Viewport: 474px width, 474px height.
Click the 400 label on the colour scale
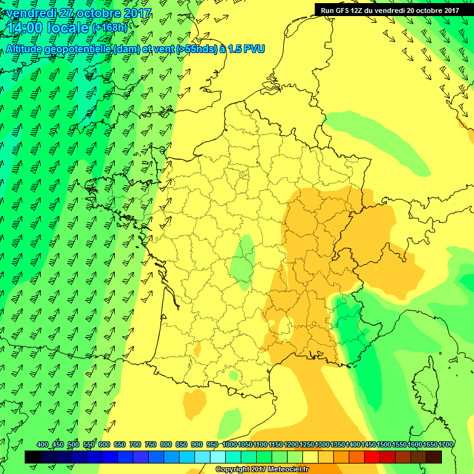pos(43,444)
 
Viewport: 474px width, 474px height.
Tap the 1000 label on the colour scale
pos(230,444)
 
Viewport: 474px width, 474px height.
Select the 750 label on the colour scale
pos(150,444)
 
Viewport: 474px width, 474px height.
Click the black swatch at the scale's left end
pos(33,457)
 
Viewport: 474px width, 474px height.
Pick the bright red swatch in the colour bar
pos(372,457)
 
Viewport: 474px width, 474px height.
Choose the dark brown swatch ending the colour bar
pos(434,457)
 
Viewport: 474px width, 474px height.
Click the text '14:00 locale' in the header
pos(49,27)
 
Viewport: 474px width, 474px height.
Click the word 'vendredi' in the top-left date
pos(32,12)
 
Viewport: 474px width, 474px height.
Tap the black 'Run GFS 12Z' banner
pos(389,10)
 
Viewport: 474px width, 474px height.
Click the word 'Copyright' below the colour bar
pos(233,470)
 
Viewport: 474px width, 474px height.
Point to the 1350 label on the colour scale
pos(338,444)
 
